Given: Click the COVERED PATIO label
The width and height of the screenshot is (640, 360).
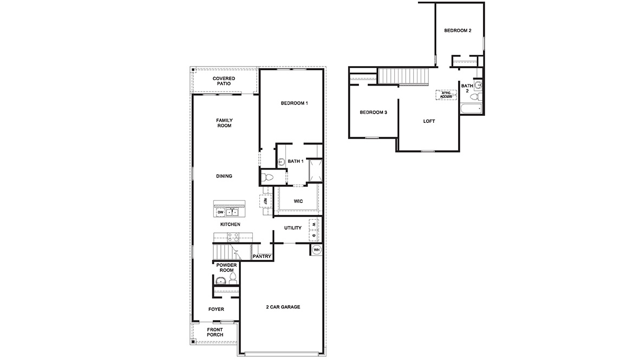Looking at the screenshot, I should tap(224, 81).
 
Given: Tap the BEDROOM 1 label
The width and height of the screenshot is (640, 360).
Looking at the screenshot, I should tap(294, 103).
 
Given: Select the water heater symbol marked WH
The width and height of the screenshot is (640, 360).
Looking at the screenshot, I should tap(316, 250).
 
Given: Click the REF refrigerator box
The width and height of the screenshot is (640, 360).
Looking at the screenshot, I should tap(266, 201).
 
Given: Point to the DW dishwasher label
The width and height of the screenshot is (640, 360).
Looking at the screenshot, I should tap(220, 212).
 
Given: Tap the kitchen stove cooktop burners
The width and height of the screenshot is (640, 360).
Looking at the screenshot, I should tap(233, 237).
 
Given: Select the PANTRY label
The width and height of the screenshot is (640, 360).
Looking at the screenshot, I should tap(262, 256).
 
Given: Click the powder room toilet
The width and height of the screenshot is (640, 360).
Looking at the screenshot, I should tap(233, 279).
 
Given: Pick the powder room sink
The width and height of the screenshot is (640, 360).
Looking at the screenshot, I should tap(220, 280).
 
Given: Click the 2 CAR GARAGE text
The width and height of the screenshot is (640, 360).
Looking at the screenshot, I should tap(283, 307).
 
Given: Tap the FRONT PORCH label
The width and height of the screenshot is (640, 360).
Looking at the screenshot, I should tap(215, 332).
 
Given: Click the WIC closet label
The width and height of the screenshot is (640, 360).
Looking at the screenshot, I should tap(298, 201).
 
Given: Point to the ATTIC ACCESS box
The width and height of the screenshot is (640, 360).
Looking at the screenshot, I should tap(446, 95).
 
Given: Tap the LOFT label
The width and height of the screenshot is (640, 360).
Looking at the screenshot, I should tap(429, 121).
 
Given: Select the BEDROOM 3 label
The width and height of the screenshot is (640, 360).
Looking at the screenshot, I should tap(374, 112).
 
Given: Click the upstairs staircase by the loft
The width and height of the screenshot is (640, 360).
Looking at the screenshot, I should tap(403, 76).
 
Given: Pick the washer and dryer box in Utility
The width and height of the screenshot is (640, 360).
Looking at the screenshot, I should tap(314, 230).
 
